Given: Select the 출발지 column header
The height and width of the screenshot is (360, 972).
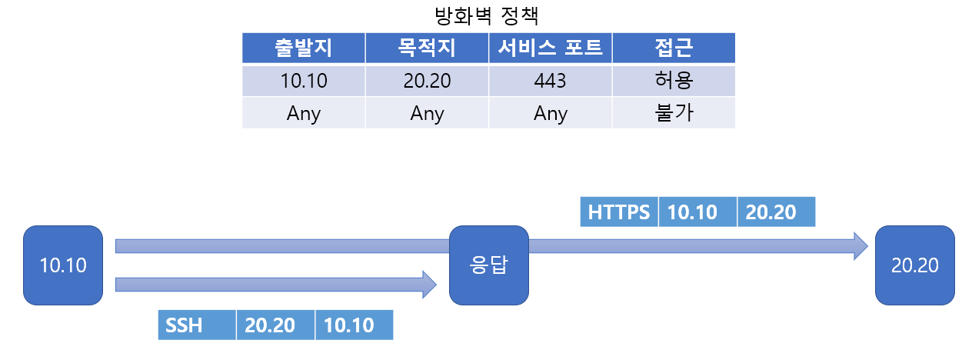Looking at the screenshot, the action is tap(304, 48).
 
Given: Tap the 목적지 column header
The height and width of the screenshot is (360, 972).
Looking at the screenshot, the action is tap(427, 48).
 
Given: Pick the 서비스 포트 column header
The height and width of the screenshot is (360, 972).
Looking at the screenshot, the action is tap(551, 48).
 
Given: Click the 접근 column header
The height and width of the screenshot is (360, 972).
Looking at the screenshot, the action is tap(674, 48).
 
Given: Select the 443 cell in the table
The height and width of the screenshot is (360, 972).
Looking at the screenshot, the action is tap(551, 81).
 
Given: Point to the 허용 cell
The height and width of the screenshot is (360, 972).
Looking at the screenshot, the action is tap(674, 81).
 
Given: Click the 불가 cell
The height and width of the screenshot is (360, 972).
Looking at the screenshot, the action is tap(674, 113).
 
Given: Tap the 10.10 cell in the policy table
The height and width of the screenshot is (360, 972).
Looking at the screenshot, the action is tap(304, 81).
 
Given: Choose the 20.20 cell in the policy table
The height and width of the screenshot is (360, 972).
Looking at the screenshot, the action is tap(427, 81).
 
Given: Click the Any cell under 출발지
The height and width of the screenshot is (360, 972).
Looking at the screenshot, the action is tap(304, 113).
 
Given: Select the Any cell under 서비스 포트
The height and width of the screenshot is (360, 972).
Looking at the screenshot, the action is tap(551, 113).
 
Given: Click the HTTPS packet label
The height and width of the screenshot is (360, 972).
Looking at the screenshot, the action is tap(619, 212).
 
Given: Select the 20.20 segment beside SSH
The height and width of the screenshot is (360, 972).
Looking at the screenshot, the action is tap(275, 325).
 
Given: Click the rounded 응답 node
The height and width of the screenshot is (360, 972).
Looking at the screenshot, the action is tap(488, 265).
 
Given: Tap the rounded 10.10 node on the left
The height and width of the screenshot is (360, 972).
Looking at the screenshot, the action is tap(63, 265).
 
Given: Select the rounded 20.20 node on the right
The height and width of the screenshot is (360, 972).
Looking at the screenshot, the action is tap(914, 265).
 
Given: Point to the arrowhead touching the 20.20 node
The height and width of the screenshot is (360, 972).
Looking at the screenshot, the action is tap(860, 246).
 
